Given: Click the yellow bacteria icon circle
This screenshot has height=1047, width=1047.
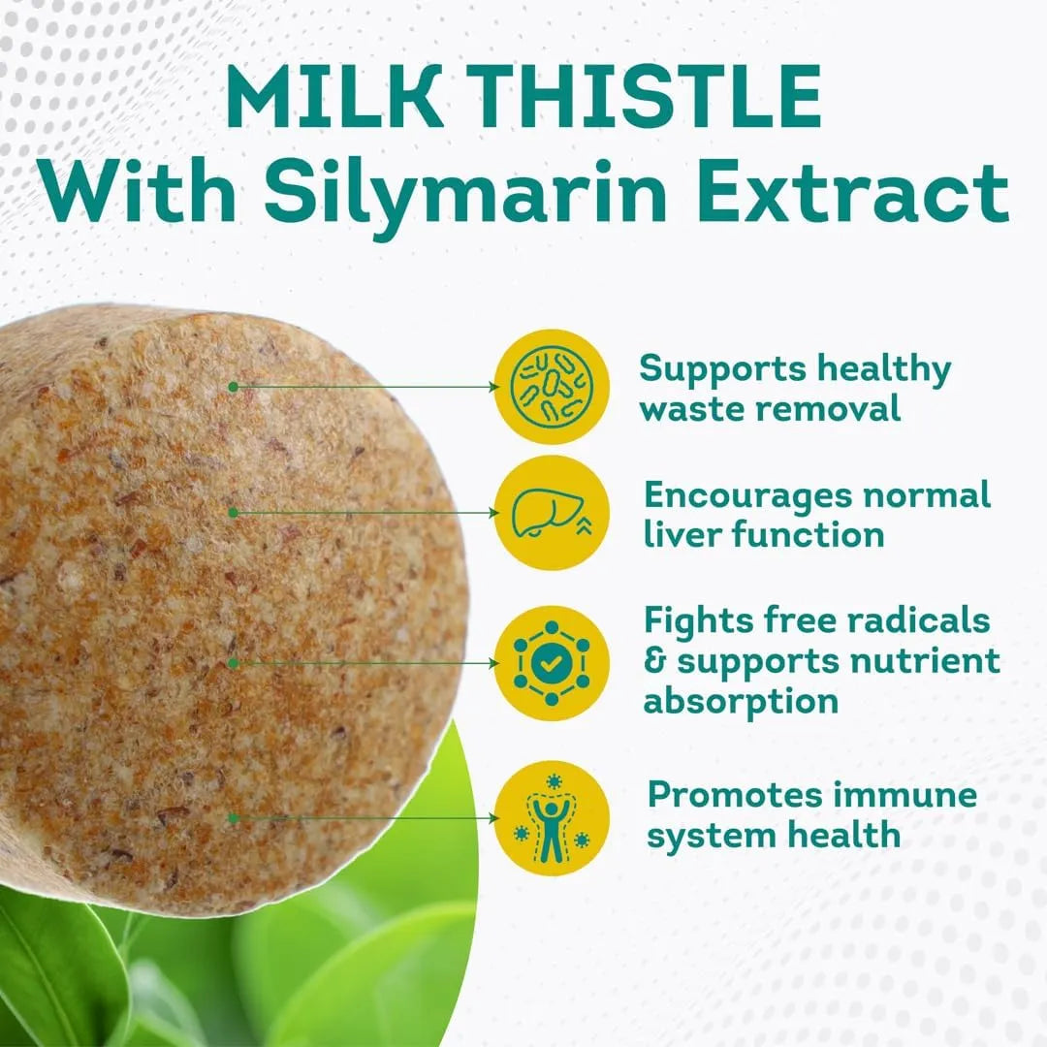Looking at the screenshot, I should (552, 387).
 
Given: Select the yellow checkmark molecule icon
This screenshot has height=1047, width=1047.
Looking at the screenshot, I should (552, 663).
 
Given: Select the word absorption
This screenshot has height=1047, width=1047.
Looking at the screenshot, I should (741, 701).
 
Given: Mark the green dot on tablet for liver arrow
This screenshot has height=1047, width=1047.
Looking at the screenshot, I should (233, 512).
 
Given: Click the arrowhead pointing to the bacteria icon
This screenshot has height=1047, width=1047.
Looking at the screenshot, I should (492, 387).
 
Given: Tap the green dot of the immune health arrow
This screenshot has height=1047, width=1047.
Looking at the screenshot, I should (233, 818).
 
